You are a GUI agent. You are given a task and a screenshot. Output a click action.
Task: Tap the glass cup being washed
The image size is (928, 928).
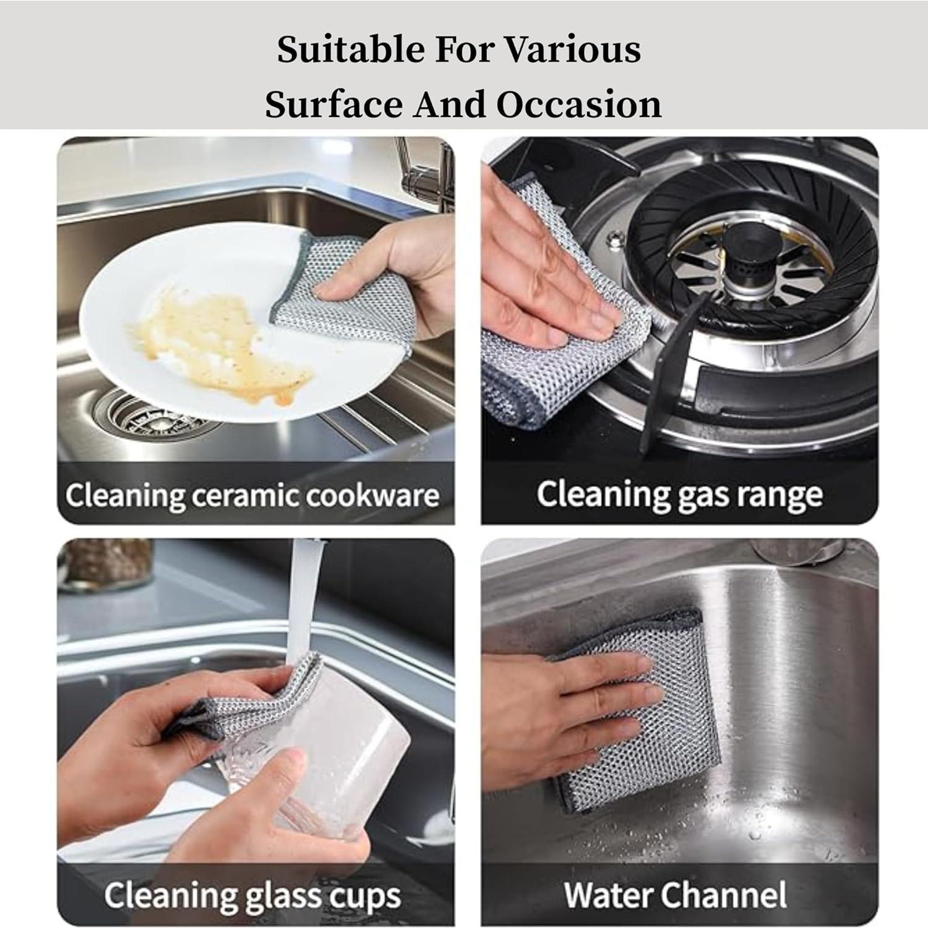(322, 761)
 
